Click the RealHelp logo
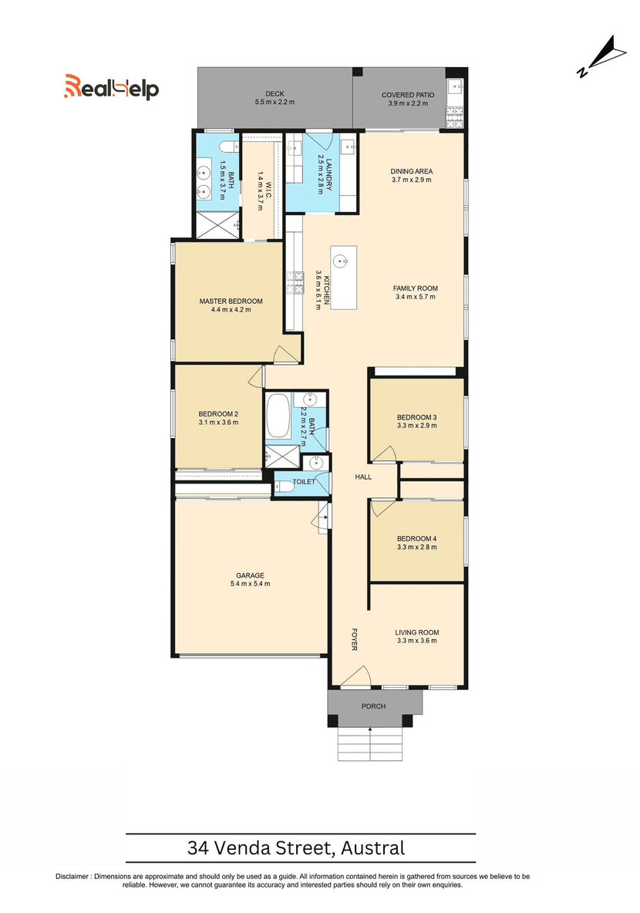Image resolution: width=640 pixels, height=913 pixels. click(x=111, y=87)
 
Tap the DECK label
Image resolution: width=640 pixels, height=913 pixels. click(x=275, y=94)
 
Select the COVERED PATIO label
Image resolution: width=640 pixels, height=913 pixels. click(x=408, y=95)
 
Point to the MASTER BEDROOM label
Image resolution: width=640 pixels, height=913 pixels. click(x=231, y=301)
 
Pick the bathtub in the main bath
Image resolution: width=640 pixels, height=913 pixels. click(x=278, y=416)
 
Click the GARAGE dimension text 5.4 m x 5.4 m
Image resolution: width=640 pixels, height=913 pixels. click(x=251, y=584)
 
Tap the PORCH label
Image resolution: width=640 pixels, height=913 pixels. click(x=374, y=706)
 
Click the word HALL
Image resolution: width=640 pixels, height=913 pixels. click(x=363, y=477)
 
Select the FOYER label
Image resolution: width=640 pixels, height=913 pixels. click(x=354, y=638)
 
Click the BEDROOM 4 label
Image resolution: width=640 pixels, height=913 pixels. click(x=417, y=538)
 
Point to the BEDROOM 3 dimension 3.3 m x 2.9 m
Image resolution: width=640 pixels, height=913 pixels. click(x=417, y=426)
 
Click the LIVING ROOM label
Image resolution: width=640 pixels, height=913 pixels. click(x=417, y=632)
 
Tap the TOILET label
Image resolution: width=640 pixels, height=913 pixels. click(x=304, y=482)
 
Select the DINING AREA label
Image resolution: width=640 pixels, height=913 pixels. click(x=412, y=171)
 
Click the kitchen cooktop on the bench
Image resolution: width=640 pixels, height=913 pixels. click(x=295, y=283)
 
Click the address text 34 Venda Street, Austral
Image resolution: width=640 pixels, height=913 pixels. click(x=296, y=847)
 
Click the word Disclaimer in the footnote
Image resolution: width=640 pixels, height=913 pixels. click(x=72, y=876)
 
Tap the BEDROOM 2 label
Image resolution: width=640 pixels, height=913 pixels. click(x=218, y=414)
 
